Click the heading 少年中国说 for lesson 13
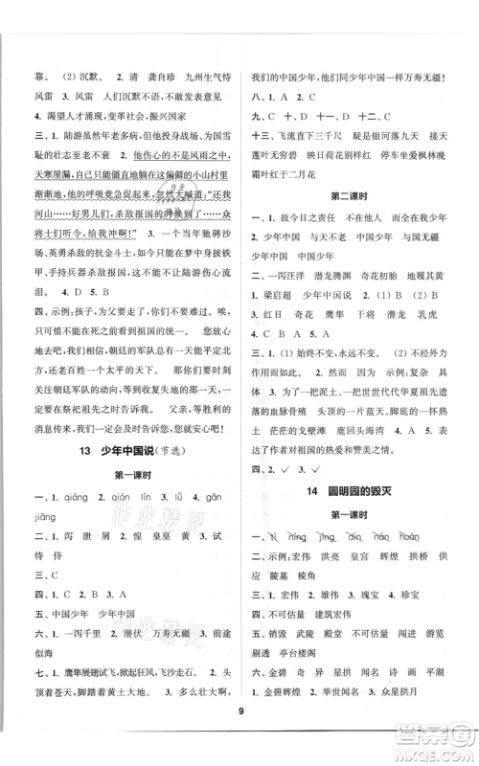[119, 454]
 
